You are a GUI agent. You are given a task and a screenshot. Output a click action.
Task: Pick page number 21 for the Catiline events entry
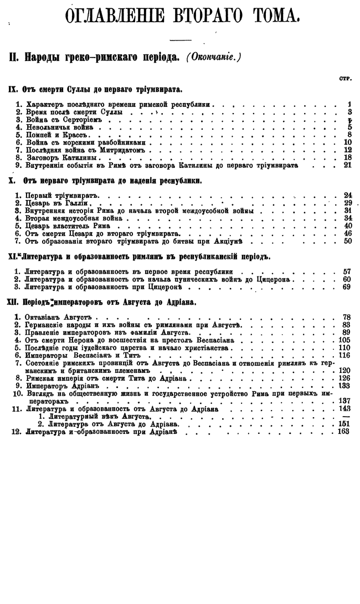click(348, 165)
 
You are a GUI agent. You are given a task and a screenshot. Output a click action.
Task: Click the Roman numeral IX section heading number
click(14, 89)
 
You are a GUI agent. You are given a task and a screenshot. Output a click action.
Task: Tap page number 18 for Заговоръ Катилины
click(348, 157)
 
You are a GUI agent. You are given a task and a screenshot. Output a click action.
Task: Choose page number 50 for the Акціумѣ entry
click(348, 242)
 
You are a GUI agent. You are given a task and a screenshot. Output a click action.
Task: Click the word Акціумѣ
click(232, 242)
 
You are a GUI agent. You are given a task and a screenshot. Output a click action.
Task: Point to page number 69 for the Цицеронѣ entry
click(348, 287)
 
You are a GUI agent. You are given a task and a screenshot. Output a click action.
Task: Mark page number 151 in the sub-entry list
click(344, 424)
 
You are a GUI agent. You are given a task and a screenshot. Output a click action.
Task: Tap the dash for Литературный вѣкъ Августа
click(347, 416)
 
